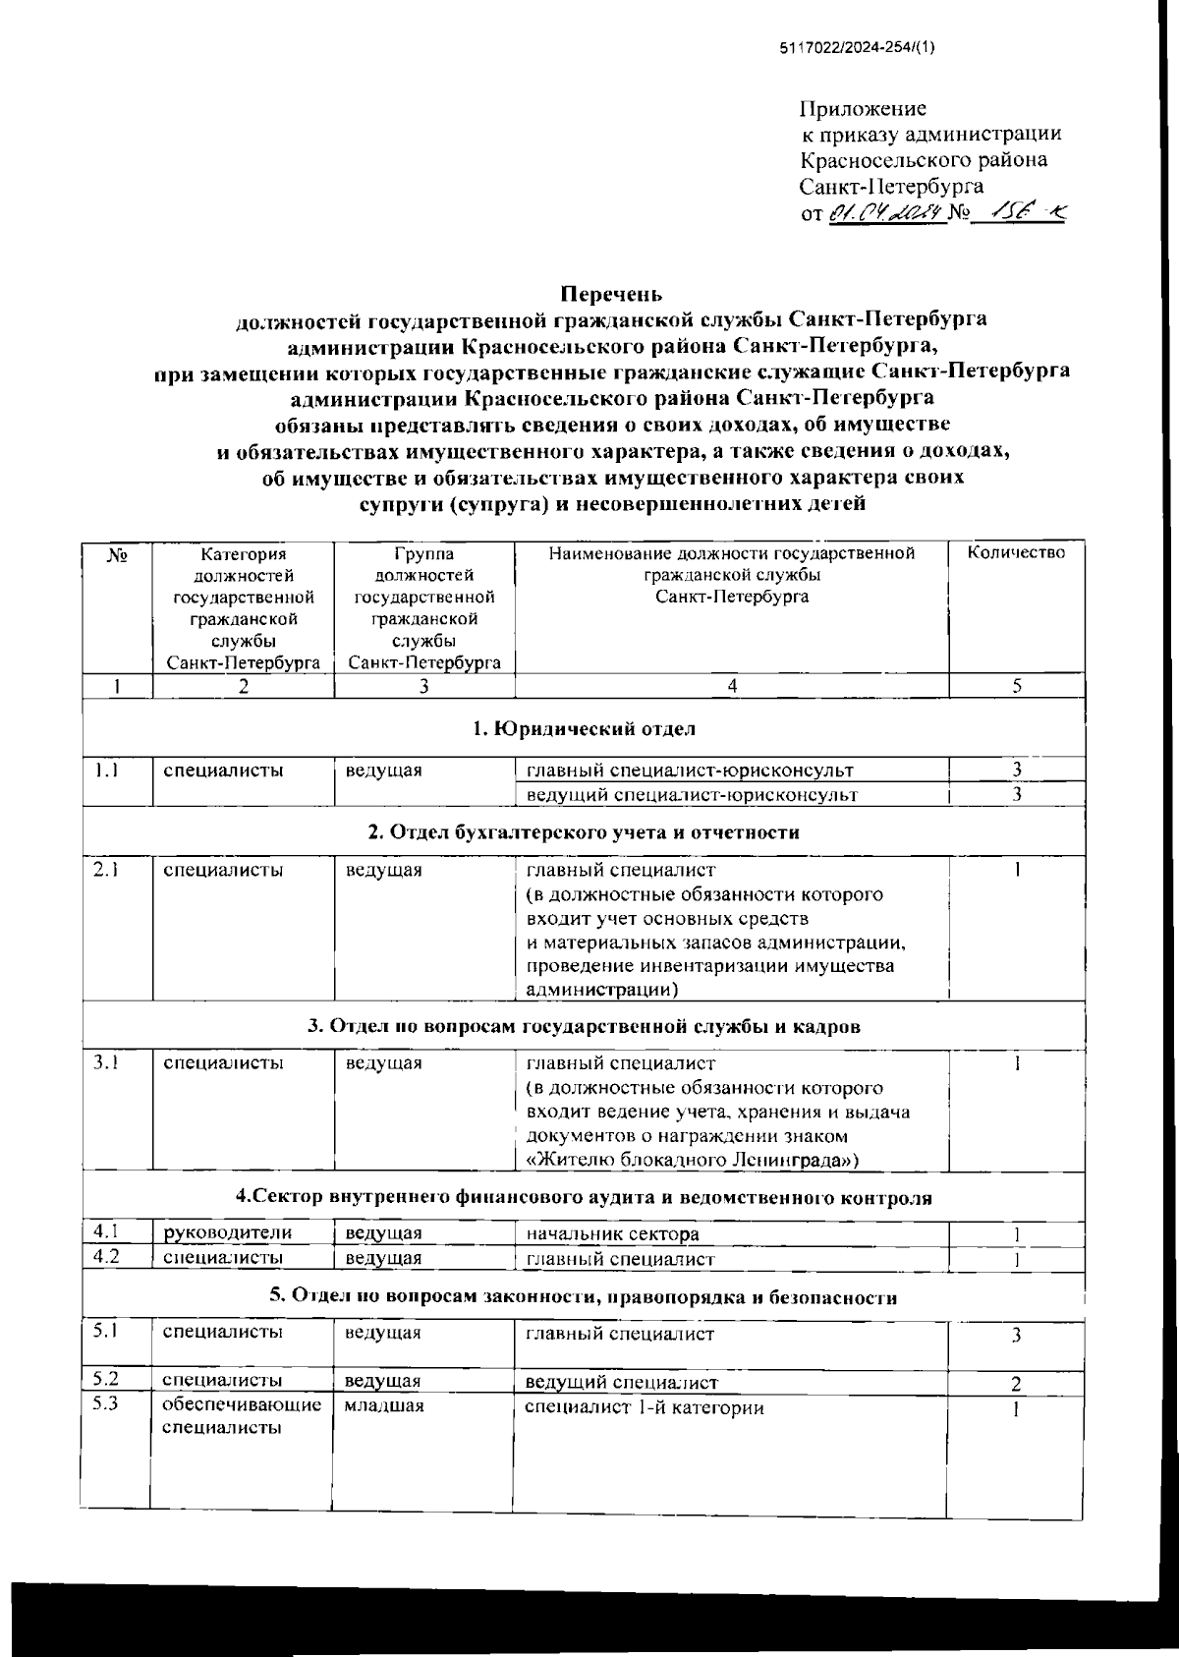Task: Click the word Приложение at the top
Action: pos(863,109)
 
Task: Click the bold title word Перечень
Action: pos(611,294)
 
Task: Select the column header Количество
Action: pos(1017,553)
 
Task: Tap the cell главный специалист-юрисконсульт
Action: pos(690,771)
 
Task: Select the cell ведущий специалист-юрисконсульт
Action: pos(692,794)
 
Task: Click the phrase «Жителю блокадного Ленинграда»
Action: pos(694,1161)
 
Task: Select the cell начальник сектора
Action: pos(613,1234)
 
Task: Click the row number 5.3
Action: pos(105,1403)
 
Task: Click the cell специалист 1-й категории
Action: pos(645,1408)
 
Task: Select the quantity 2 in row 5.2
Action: pos(1017,1384)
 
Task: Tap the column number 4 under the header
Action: pos(731,687)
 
